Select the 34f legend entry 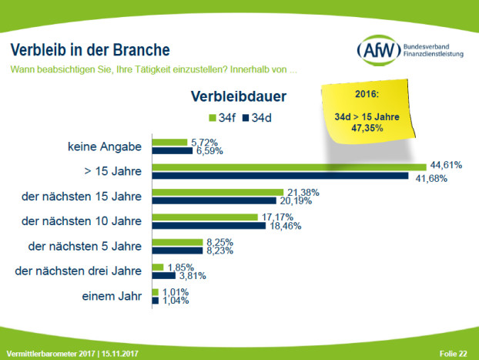[x=222, y=118]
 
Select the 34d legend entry [x=260, y=118]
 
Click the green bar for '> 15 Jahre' [x=289, y=167]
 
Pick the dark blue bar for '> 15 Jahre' [x=280, y=176]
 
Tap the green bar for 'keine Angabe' [x=170, y=142]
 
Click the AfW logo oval [x=377, y=52]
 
